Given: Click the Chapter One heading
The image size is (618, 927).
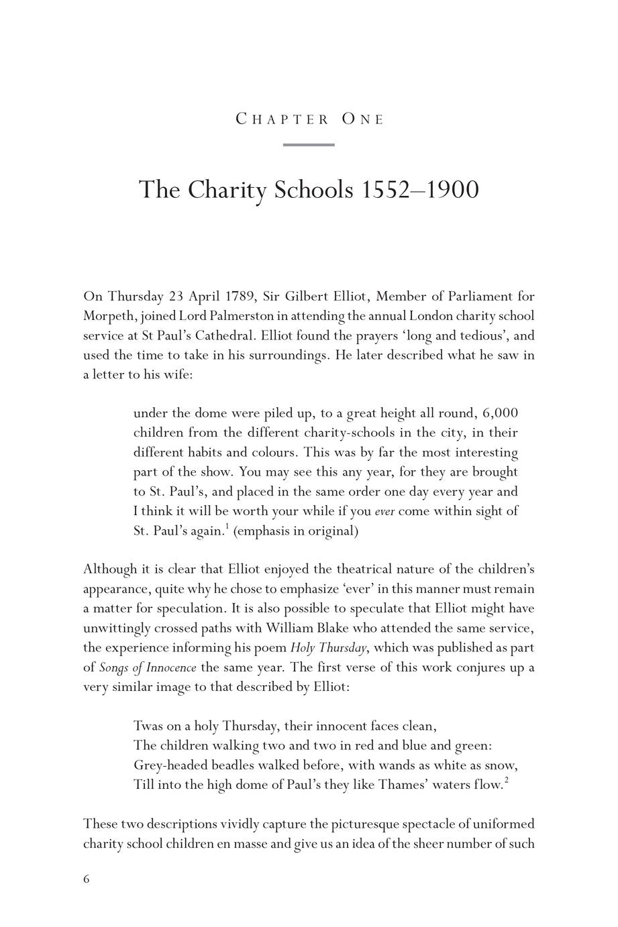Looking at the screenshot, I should click(x=309, y=119).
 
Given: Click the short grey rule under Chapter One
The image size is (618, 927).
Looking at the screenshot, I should click(x=309, y=144).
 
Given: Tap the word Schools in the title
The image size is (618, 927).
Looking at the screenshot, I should click(x=313, y=190).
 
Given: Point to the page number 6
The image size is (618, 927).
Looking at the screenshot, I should click(x=87, y=879).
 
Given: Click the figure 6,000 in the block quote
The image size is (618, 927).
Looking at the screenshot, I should click(x=500, y=413).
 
